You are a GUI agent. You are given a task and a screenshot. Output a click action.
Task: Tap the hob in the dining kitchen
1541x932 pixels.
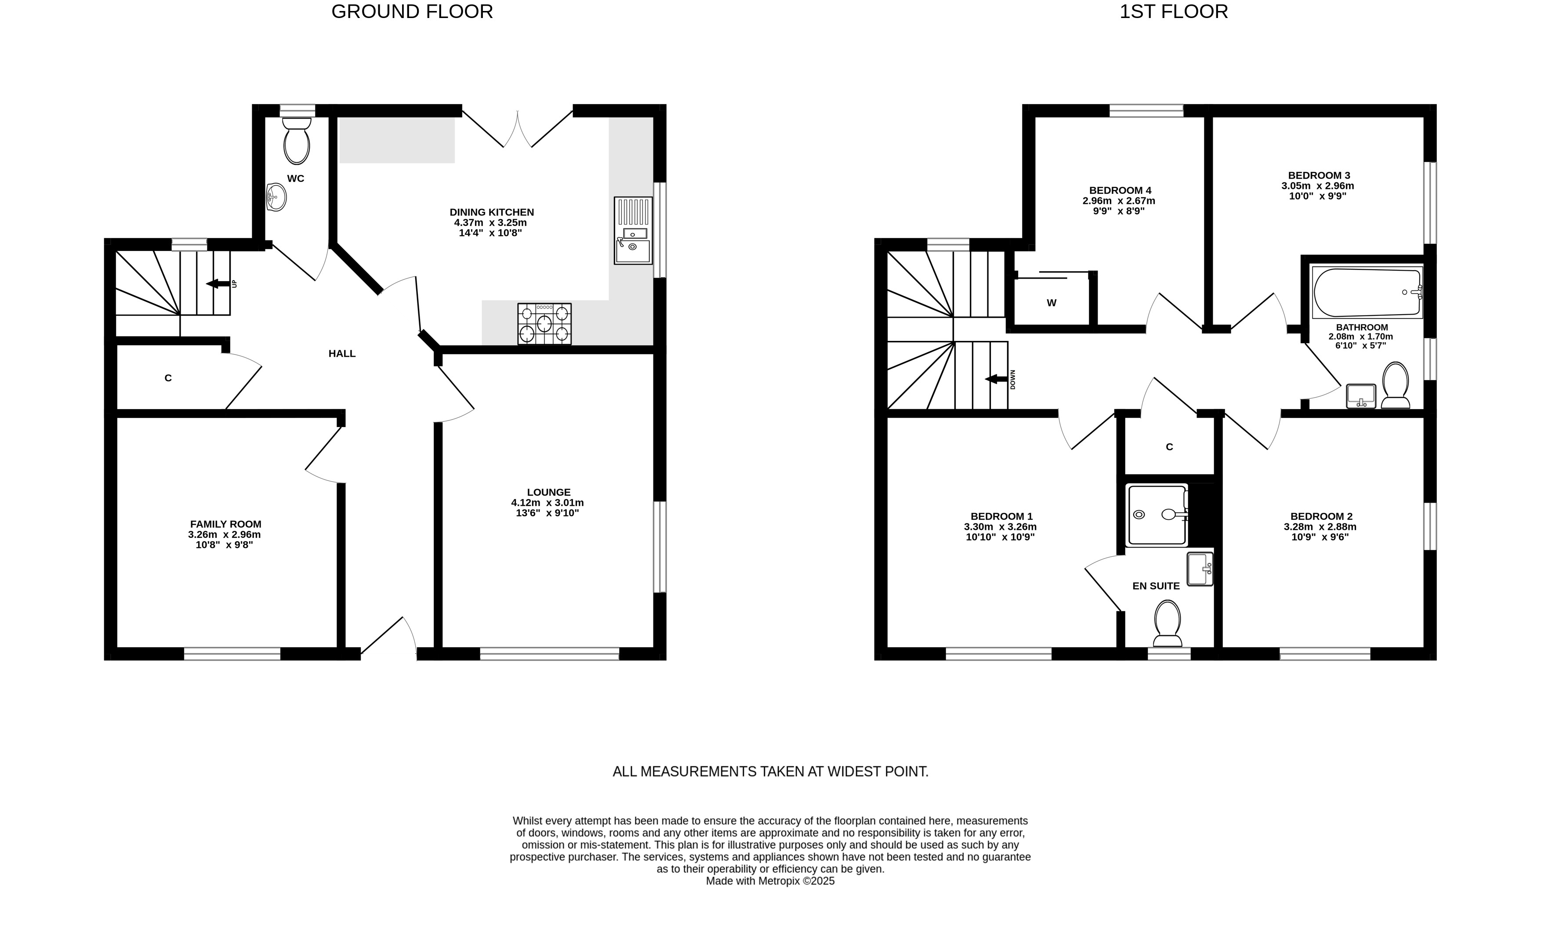544,323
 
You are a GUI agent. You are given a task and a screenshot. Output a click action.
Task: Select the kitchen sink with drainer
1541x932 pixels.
633,230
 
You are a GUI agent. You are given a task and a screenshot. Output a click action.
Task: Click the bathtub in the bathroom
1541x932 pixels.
1367,292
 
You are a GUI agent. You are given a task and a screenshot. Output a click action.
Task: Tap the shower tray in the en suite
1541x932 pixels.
1157,515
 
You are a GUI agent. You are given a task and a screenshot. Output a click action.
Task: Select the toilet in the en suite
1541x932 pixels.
1167,623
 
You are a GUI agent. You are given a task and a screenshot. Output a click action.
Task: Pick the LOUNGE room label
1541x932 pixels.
548,492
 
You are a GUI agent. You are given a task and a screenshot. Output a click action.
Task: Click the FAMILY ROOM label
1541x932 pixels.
226,524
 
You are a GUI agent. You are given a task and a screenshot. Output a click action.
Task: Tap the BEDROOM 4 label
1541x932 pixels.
1120,190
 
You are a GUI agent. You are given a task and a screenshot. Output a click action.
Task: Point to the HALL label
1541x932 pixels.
342,353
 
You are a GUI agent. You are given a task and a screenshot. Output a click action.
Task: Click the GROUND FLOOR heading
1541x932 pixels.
412,11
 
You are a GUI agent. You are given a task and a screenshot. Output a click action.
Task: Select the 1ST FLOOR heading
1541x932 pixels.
1173,11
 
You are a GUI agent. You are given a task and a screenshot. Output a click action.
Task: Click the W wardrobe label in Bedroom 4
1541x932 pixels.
1052,303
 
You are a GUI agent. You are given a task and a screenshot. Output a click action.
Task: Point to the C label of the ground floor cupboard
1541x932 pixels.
167,378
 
